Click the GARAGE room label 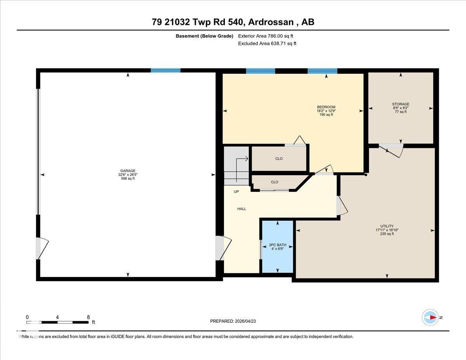128,171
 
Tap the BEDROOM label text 326,107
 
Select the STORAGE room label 400,104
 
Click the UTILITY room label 387,226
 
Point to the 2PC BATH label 277,245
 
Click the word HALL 242,209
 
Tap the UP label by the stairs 236,192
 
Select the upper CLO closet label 279,158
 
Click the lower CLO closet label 275,182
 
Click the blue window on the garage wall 165,70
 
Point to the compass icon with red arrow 430,317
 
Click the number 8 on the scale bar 89,317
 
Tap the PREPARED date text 233,321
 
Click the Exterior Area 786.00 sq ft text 265,36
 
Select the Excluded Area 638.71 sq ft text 267,43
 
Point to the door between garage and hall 223,248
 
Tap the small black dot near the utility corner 366,175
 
